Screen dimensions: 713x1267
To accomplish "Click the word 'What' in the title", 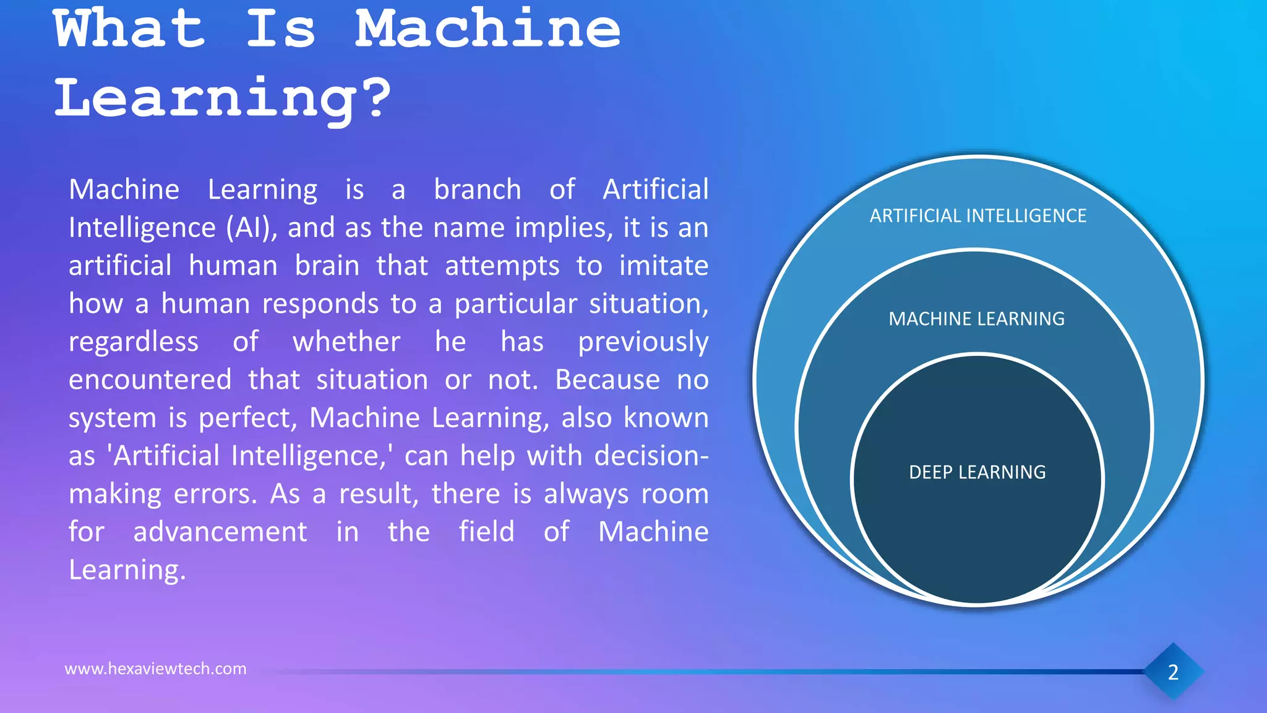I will (129, 29).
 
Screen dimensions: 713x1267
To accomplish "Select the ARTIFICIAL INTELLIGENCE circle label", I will (977, 216).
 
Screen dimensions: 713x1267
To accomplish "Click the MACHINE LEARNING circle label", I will (976, 319).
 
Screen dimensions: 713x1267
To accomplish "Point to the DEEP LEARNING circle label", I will (977, 472).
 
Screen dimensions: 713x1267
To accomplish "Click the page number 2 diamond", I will (1173, 672).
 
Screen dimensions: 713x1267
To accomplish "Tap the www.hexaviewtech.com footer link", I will (155, 668).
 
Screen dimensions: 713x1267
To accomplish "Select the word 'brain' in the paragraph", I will (327, 266).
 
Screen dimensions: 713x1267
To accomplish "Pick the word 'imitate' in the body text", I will (663, 266).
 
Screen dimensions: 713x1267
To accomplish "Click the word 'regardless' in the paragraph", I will (134, 342).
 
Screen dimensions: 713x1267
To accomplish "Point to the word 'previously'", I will (643, 342).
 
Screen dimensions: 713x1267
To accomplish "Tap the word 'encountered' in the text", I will (150, 380).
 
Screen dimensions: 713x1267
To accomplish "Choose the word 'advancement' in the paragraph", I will (220, 532).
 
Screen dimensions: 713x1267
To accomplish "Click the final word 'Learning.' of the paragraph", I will (127, 570).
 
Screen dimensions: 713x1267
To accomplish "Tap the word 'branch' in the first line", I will (477, 190).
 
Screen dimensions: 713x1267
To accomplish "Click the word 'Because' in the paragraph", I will (607, 380).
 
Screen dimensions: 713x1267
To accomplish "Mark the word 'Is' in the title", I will (281, 29).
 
